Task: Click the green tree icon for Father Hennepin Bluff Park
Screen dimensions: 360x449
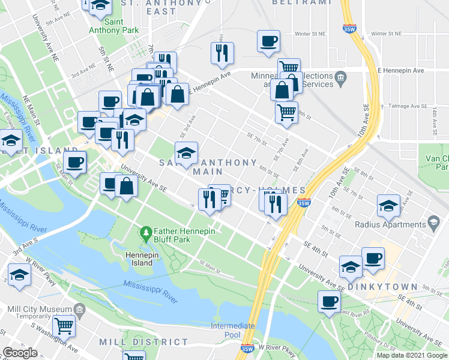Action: coord(145,232)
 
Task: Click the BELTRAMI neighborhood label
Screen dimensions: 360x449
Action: coord(301,2)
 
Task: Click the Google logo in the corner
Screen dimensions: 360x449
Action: coord(20,353)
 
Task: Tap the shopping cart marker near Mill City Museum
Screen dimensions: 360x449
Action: coord(64,326)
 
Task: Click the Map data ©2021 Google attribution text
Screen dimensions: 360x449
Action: coord(412,355)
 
